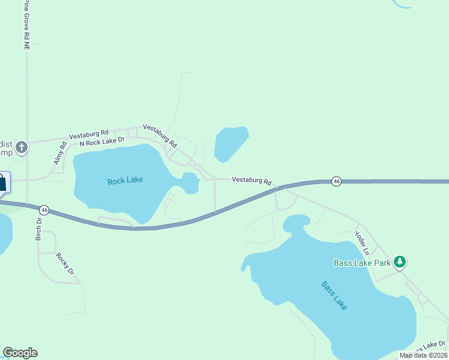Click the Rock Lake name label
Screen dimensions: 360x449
coord(125,181)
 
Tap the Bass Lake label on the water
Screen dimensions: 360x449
coord(334,295)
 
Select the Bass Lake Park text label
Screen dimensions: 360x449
coord(362,262)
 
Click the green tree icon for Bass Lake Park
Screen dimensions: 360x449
coord(400,262)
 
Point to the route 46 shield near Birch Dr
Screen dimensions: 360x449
coord(44,210)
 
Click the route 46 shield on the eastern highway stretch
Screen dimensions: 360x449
coord(337,181)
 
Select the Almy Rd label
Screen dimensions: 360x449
coord(59,154)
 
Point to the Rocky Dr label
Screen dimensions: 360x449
coord(64,263)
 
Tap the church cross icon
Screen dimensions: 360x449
coord(21,147)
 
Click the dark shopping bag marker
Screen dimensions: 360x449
coord(2,182)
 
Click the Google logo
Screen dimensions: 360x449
coord(20,353)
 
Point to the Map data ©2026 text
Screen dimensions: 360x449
coord(423,355)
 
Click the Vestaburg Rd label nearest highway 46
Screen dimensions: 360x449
coord(252,180)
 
